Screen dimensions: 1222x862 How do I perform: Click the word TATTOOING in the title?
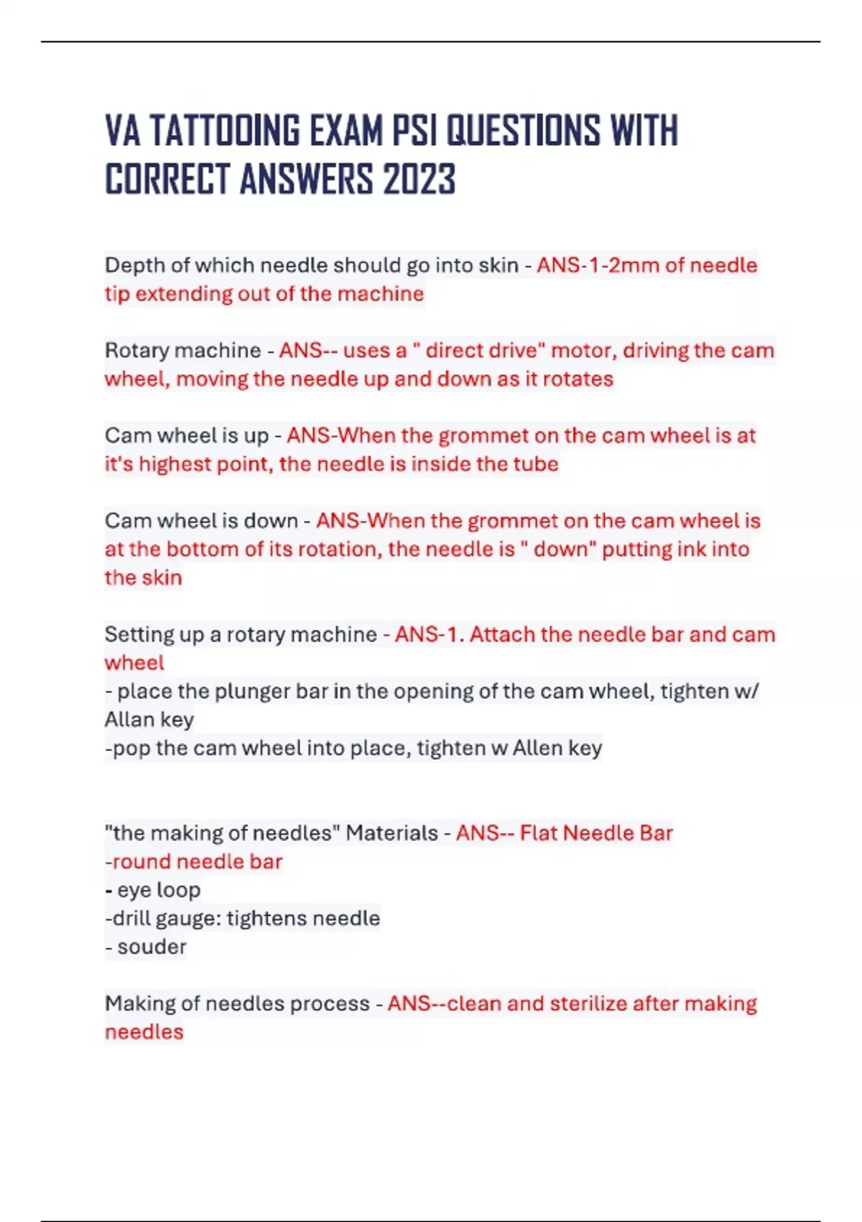coord(224,132)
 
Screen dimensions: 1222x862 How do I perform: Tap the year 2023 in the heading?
coord(419,180)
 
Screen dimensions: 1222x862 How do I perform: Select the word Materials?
coord(391,833)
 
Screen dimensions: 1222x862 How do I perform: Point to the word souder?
coord(152,947)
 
